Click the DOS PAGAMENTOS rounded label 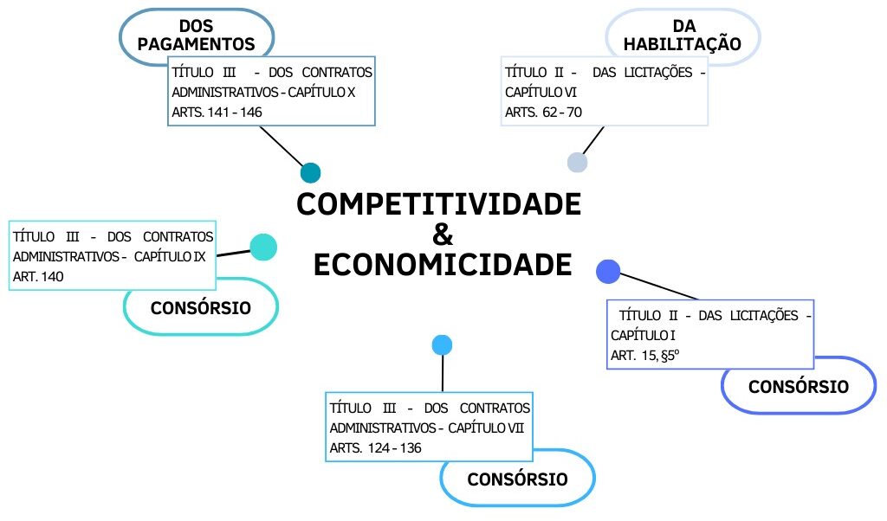(x=197, y=35)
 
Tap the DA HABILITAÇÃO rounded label (x=683, y=35)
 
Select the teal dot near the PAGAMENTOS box (x=310, y=172)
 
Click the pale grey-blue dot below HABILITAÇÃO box (x=577, y=162)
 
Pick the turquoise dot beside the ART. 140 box (x=262, y=247)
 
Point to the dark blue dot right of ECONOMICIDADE (x=609, y=271)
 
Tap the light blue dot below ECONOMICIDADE (x=443, y=345)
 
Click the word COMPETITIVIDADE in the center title (x=438, y=205)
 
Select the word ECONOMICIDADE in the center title (x=442, y=265)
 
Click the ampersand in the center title (x=442, y=235)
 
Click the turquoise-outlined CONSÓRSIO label (x=201, y=307)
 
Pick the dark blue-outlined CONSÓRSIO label (x=799, y=386)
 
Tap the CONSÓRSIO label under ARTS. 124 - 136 (x=517, y=479)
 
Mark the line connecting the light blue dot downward (x=443, y=373)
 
